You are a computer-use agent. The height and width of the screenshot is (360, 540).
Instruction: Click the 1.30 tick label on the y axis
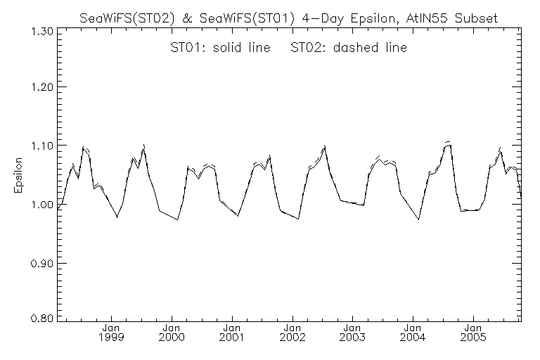tap(41, 32)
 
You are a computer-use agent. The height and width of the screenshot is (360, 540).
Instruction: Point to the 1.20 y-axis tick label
tap(41, 86)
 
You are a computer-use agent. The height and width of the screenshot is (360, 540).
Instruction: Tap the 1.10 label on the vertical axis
tap(41, 146)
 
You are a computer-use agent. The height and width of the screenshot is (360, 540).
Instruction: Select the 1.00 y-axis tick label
tap(41, 205)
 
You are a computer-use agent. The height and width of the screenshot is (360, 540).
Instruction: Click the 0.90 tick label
tap(41, 263)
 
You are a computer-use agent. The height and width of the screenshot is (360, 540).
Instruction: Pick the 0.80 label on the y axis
tap(41, 318)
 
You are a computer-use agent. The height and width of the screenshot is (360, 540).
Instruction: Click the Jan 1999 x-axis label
tap(111, 333)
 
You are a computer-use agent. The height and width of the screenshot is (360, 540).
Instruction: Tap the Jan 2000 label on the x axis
tap(172, 333)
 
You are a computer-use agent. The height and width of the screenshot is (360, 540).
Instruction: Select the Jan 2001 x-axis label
tap(232, 333)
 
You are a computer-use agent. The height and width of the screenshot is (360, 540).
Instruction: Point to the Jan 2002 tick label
tap(292, 333)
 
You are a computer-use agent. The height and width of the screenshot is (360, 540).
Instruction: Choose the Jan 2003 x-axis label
tap(352, 333)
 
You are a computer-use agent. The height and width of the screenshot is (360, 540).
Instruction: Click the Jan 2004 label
tap(413, 333)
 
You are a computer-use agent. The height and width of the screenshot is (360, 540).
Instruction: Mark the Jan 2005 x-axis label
tap(472, 333)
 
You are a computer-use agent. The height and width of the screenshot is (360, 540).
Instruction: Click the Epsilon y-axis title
tap(18, 175)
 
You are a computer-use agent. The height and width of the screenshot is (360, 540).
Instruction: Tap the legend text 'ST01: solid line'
tap(220, 48)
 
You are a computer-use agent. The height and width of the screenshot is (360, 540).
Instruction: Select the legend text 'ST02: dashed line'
tap(349, 48)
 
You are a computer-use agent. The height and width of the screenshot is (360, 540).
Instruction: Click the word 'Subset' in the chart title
tap(476, 18)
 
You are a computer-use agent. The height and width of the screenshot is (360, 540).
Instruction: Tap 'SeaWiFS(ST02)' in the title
tap(125, 18)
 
